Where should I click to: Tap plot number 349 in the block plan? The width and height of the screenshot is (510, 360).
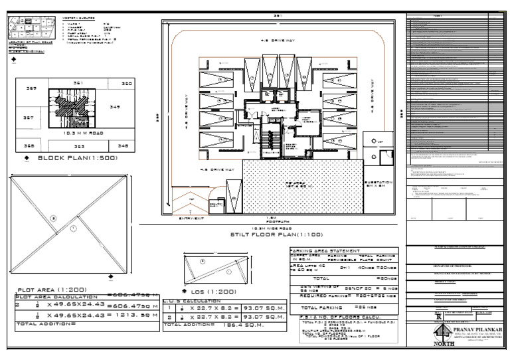[114, 106]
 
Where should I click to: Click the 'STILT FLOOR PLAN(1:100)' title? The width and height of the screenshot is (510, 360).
[277, 234]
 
